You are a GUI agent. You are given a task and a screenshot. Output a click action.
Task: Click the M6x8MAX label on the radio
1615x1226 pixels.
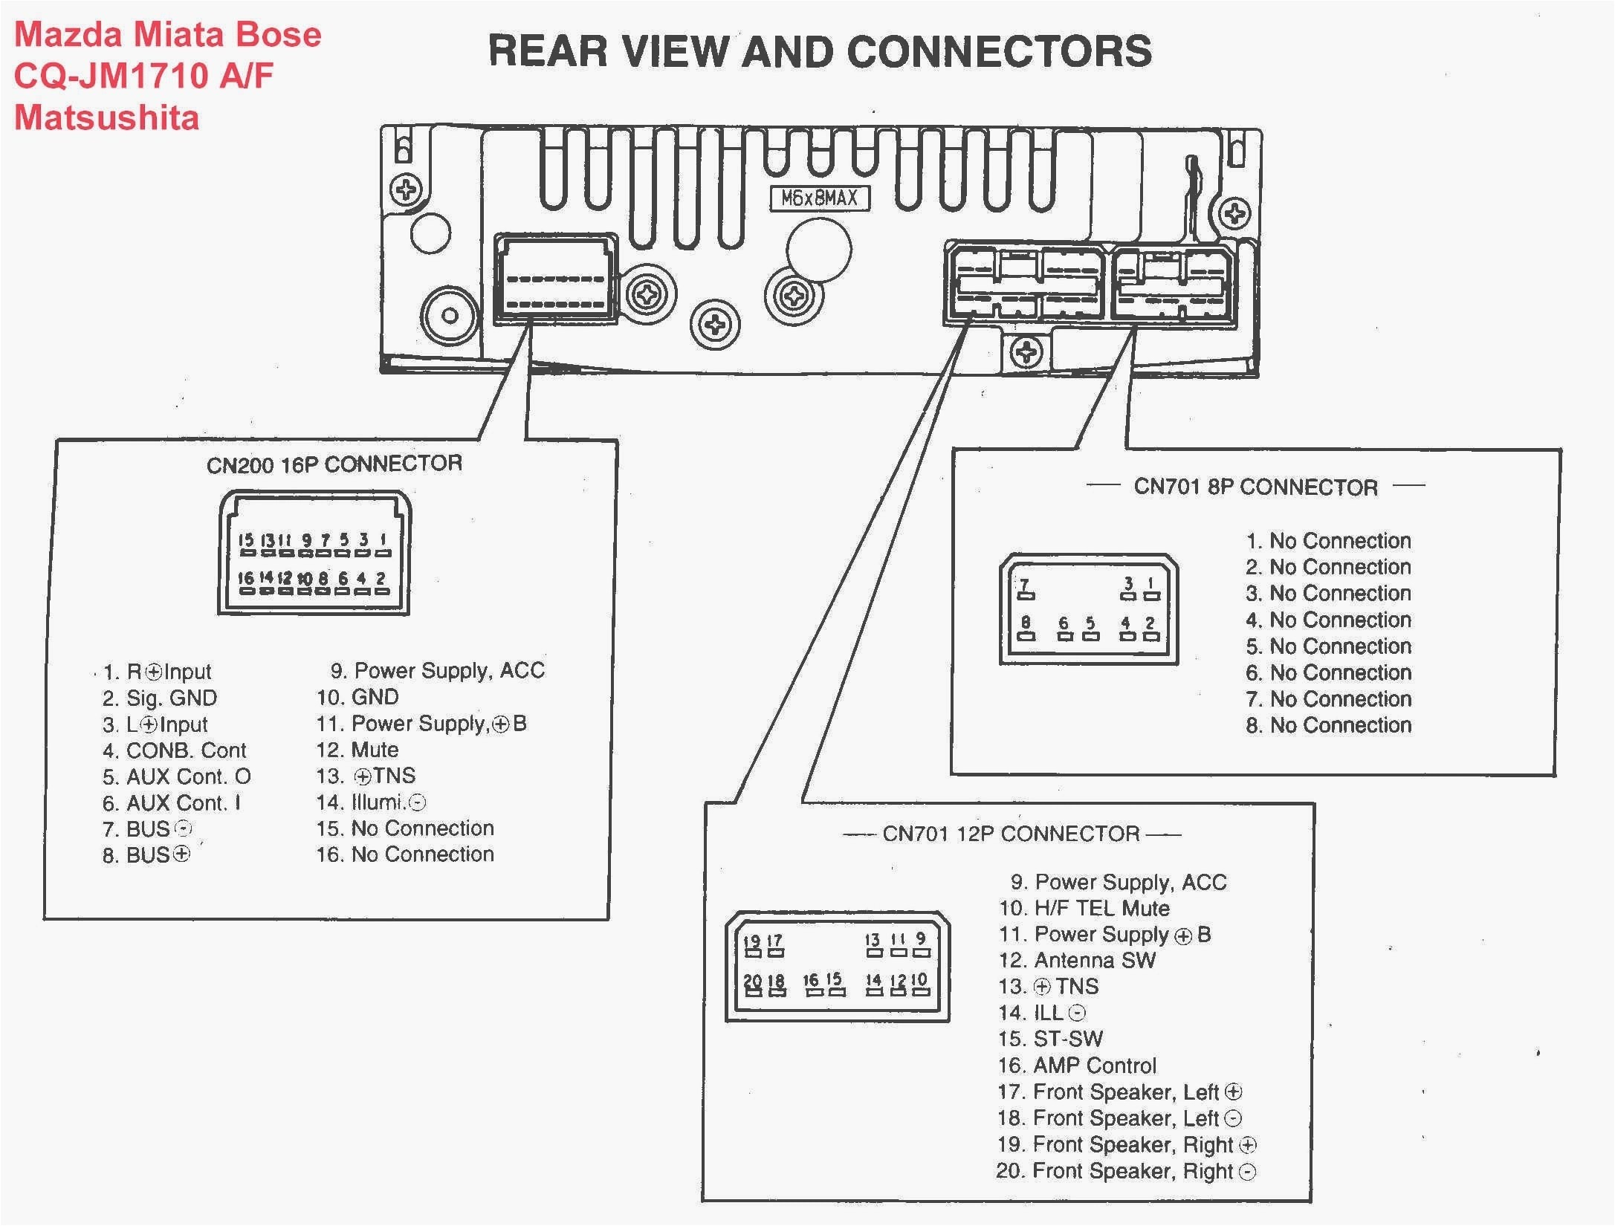(819, 198)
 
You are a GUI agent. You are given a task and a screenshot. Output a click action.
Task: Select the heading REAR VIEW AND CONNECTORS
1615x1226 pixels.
(820, 52)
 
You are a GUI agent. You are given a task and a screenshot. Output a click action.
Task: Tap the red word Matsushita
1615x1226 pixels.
(107, 118)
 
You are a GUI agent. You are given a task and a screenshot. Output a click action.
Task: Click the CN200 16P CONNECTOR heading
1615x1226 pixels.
(334, 464)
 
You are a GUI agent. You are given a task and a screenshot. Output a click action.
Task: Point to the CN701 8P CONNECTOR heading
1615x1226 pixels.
(1255, 487)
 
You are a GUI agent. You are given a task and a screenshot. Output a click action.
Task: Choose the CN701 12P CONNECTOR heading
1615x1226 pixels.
(1011, 834)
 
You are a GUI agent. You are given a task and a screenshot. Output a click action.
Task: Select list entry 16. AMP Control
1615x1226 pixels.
(1077, 1066)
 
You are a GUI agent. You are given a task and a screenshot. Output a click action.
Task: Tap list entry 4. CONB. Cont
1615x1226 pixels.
(174, 750)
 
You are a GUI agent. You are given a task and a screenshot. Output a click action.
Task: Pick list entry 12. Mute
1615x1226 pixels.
(357, 750)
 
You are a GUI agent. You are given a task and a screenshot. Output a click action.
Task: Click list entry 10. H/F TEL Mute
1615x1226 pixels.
(1084, 908)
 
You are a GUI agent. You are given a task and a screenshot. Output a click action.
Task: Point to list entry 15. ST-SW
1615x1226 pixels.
(1050, 1039)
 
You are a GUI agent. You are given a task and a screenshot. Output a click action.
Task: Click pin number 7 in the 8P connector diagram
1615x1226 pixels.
(1025, 584)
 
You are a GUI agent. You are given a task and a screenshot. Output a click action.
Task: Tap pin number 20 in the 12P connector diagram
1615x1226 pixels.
(752, 981)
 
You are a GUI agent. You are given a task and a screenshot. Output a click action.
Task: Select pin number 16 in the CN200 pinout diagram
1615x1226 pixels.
(246, 578)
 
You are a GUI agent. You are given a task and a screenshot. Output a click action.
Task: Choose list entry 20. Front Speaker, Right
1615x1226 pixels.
(1125, 1171)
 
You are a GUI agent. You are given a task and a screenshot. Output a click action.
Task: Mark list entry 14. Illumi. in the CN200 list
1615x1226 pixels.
(371, 802)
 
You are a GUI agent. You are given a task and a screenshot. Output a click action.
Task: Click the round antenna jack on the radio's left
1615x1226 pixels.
(450, 315)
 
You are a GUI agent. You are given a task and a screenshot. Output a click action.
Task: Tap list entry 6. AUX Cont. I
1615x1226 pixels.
(171, 803)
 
